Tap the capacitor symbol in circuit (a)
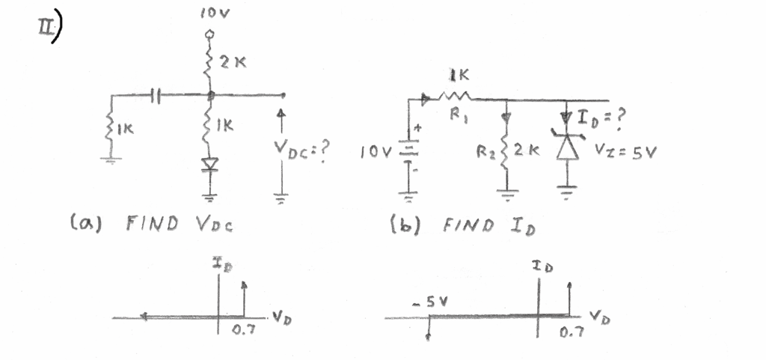coord(155,95)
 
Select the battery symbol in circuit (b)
coord(409,152)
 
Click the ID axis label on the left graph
coord(218,263)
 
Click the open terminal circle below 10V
coord(210,34)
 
